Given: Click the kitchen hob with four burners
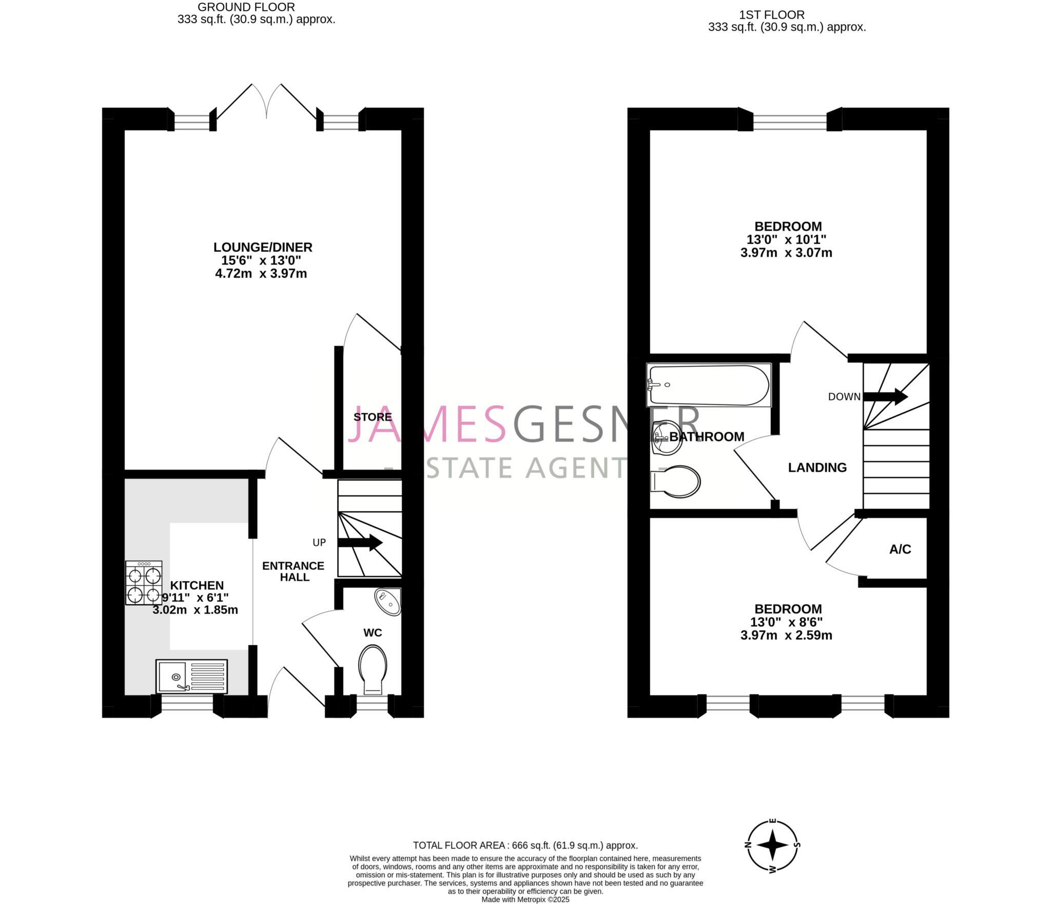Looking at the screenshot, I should tap(144, 582).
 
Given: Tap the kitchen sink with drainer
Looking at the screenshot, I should tap(191, 675).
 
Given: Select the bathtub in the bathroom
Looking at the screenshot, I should tap(709, 385).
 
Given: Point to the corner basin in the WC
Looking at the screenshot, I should tap(388, 602).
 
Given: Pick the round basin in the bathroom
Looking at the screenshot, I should tap(667, 438).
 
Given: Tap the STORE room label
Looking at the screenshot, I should tap(373, 417).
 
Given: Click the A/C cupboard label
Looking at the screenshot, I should tap(900, 549).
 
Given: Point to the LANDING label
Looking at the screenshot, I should tap(817, 467).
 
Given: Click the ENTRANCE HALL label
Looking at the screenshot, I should tap(293, 571).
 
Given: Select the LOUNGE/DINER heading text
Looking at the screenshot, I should tap(263, 247).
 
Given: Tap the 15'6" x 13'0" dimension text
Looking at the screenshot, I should tap(261, 260).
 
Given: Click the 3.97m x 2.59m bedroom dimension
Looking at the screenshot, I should tap(786, 635).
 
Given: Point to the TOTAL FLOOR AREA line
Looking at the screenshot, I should tap(525, 845).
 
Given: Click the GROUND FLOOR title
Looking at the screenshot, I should tap(246, 7).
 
